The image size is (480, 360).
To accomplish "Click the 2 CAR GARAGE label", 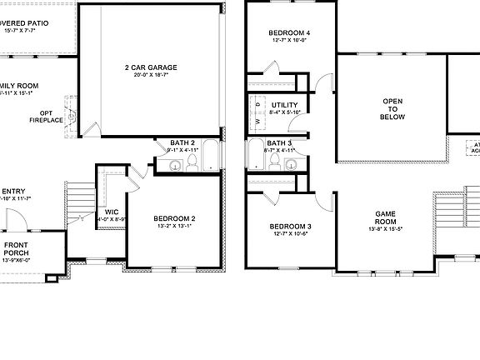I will click(x=151, y=66).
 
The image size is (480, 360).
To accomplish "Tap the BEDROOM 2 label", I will click(x=175, y=217).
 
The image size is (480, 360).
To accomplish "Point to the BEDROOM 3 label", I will click(x=289, y=227).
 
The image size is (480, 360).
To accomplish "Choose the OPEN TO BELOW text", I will click(x=393, y=108).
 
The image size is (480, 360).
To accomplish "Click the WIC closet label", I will click(x=112, y=212).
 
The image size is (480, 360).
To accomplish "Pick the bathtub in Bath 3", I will click(x=255, y=156).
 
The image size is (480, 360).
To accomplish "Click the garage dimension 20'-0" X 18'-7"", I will click(x=151, y=75).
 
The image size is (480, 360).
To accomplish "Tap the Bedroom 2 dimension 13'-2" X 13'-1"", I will click(x=175, y=226).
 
